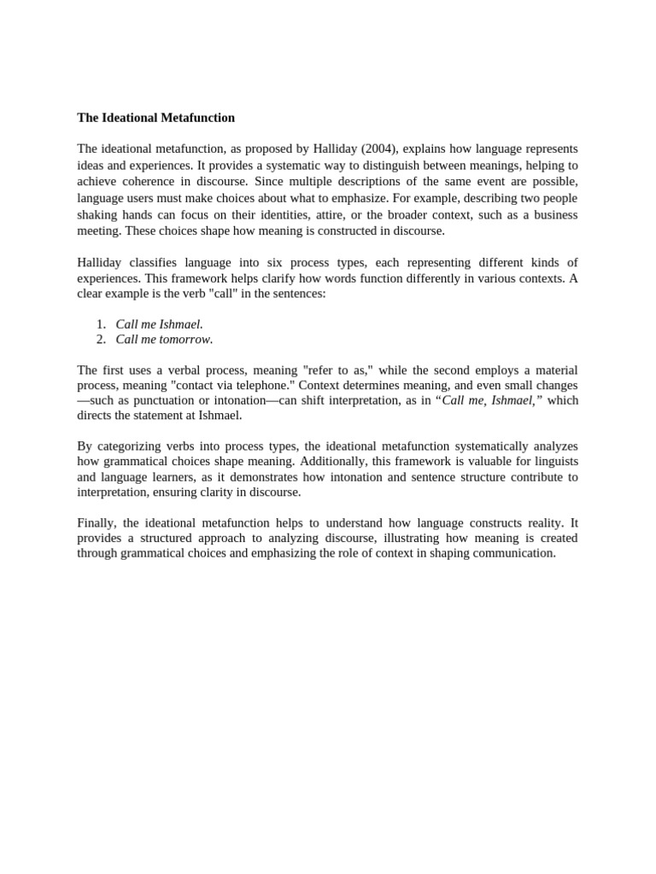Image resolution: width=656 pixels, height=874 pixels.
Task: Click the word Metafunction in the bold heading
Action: click(x=192, y=118)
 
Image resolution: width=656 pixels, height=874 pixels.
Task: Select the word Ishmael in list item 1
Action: click(x=180, y=324)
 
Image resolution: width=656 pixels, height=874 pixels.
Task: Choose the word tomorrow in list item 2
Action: click(x=184, y=340)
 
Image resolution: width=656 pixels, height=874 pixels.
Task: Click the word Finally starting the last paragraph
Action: click(x=95, y=522)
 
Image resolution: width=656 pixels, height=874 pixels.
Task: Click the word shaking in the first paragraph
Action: click(x=97, y=214)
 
